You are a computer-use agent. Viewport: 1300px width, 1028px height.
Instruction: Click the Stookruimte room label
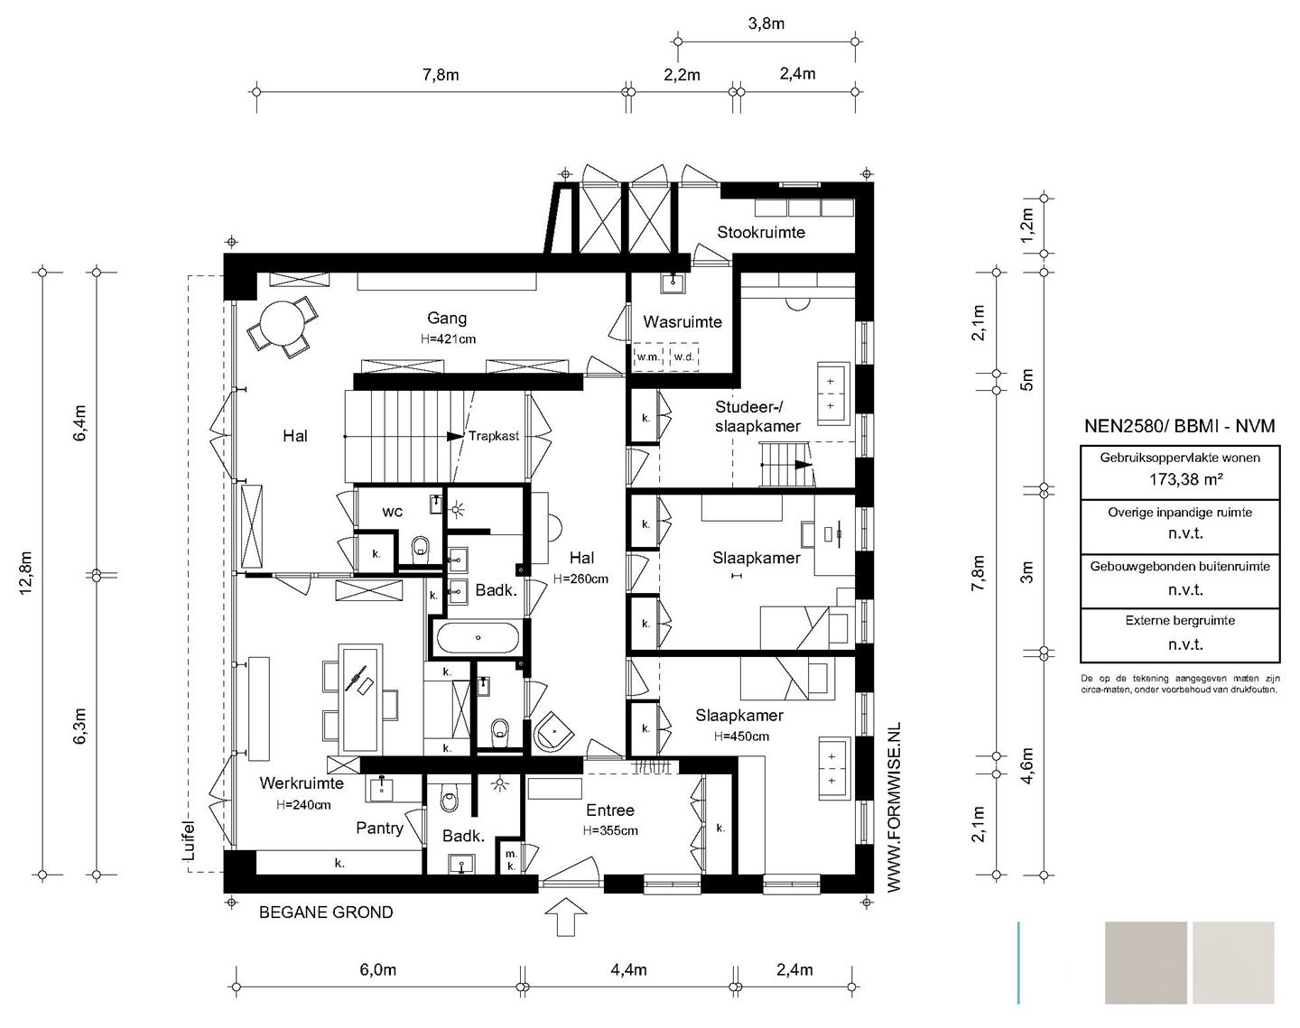point(760,233)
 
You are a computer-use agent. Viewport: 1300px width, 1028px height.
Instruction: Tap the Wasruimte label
point(682,322)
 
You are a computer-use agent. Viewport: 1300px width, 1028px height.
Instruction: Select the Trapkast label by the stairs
point(494,436)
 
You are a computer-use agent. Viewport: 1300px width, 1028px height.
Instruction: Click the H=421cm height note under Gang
point(448,338)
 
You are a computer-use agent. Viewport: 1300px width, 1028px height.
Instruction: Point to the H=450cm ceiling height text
point(741,736)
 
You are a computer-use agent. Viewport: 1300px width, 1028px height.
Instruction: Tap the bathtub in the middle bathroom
point(478,637)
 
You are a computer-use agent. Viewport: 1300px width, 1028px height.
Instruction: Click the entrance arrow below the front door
point(565,916)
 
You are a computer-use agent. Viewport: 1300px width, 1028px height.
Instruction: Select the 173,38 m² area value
point(1186,479)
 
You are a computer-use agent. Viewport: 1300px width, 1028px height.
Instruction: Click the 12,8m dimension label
point(26,572)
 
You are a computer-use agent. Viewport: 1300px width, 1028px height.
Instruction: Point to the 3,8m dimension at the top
point(766,23)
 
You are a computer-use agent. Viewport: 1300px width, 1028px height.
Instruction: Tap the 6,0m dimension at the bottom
point(377,969)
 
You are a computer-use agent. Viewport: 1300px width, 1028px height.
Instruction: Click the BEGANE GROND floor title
point(326,912)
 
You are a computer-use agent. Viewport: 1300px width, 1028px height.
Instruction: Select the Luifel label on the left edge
point(189,840)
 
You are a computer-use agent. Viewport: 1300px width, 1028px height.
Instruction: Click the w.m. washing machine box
point(648,357)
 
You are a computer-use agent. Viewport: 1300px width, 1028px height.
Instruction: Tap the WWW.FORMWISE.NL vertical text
point(894,807)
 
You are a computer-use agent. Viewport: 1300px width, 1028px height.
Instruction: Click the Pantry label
point(379,828)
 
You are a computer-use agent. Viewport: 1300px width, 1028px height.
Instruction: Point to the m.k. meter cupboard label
point(511,860)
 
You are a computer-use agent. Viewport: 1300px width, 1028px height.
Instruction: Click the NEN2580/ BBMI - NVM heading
point(1180,426)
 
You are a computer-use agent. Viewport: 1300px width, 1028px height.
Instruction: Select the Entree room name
point(610,810)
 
